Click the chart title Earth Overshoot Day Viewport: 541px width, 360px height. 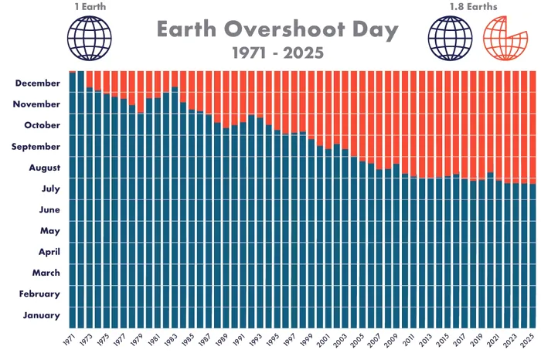[x=277, y=30]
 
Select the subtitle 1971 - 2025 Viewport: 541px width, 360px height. [x=277, y=53]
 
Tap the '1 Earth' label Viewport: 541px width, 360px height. [x=90, y=7]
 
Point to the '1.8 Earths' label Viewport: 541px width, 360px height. [x=474, y=7]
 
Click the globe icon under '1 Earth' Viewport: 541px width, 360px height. [x=90, y=39]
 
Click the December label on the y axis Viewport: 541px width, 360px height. [x=36, y=83]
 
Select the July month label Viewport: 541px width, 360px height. [x=47, y=188]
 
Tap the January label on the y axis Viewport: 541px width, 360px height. [x=41, y=315]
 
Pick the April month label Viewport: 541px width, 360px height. [x=46, y=252]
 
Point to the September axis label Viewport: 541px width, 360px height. [x=36, y=146]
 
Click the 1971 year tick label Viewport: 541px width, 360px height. [x=70, y=341]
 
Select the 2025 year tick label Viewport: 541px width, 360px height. [x=529, y=341]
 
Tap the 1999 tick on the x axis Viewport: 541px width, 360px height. [x=308, y=341]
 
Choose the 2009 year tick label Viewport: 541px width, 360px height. [x=393, y=341]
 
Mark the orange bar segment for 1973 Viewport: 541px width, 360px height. [x=90, y=79]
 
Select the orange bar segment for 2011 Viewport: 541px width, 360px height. [x=413, y=124]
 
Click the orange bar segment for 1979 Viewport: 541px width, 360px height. [x=141, y=92]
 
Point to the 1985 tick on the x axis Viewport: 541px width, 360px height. [x=189, y=341]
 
